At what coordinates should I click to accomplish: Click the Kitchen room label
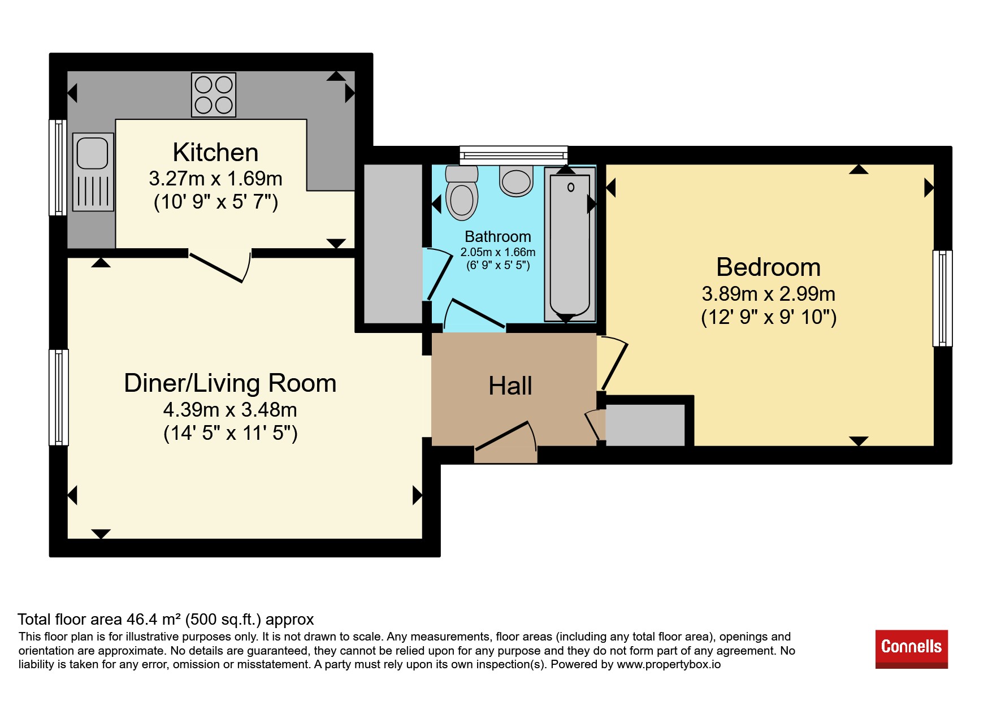[x=215, y=153]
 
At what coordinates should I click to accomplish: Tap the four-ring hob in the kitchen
[x=214, y=95]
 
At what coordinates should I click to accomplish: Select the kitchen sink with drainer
[x=93, y=172]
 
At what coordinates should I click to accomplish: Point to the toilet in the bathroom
[x=462, y=193]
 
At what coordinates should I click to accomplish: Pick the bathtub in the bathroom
[x=570, y=244]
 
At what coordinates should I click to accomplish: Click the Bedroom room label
[x=768, y=267]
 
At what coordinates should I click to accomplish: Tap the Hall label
[x=510, y=386]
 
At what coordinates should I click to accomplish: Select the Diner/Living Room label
[x=230, y=383]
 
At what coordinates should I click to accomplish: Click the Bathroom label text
[x=498, y=237]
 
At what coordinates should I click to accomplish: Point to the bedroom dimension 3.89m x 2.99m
[x=769, y=294]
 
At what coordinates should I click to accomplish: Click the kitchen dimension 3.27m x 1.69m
[x=215, y=179]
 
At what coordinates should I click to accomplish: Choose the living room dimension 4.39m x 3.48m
[x=230, y=410]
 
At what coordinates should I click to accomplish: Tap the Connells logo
[x=912, y=649]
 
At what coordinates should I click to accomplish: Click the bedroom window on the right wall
[x=942, y=298]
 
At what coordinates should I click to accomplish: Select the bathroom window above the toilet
[x=514, y=154]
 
